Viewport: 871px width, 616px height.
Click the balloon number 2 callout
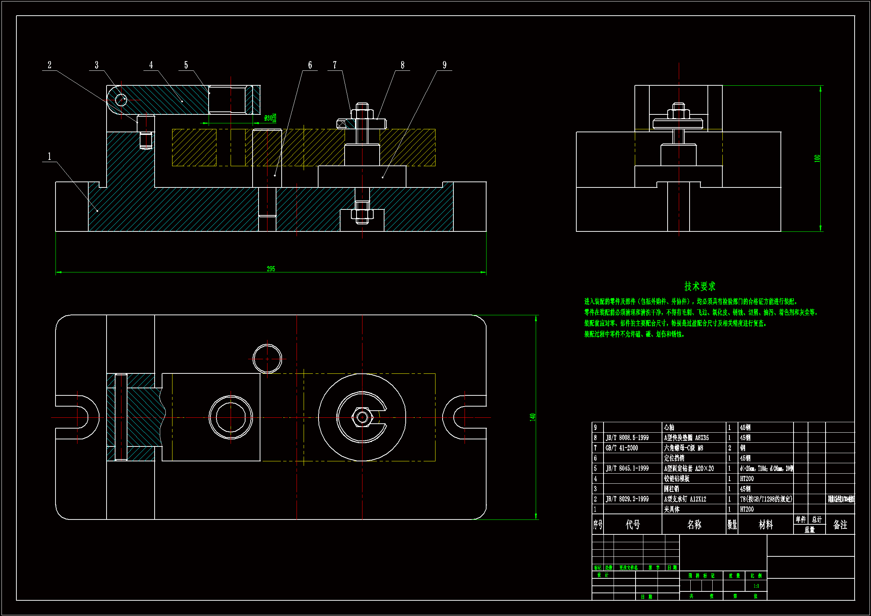pyautogui.click(x=49, y=65)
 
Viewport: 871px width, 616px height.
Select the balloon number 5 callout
pyautogui.click(x=186, y=65)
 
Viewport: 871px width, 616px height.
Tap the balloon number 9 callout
pyautogui.click(x=444, y=65)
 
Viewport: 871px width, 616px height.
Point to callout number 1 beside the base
pyautogui.click(x=49, y=157)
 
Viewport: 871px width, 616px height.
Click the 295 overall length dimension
pyautogui.click(x=271, y=269)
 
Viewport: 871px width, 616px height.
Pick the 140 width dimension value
pyautogui.click(x=533, y=417)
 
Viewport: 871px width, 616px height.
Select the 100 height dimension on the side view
pyautogui.click(x=817, y=158)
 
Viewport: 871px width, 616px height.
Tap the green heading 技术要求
pyautogui.click(x=700, y=286)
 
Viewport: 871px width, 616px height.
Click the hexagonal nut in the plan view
pyautogui.click(x=362, y=417)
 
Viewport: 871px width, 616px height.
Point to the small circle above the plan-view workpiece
pyautogui.click(x=267, y=358)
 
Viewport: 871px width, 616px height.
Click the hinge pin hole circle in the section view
pyautogui.click(x=121, y=100)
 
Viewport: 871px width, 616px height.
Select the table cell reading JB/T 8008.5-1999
pyautogui.click(x=627, y=437)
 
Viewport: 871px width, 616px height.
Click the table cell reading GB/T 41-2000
pyautogui.click(x=622, y=448)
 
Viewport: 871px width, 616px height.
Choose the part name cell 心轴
pyautogui.click(x=669, y=427)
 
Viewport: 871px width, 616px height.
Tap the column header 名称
pyautogui.click(x=694, y=525)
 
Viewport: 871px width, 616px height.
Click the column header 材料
pyautogui.click(x=766, y=525)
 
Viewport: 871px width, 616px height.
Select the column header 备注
pyautogui.click(x=840, y=525)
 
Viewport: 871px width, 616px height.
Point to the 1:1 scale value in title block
pyautogui.click(x=756, y=586)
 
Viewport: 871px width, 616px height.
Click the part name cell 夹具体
pyautogui.click(x=672, y=509)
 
